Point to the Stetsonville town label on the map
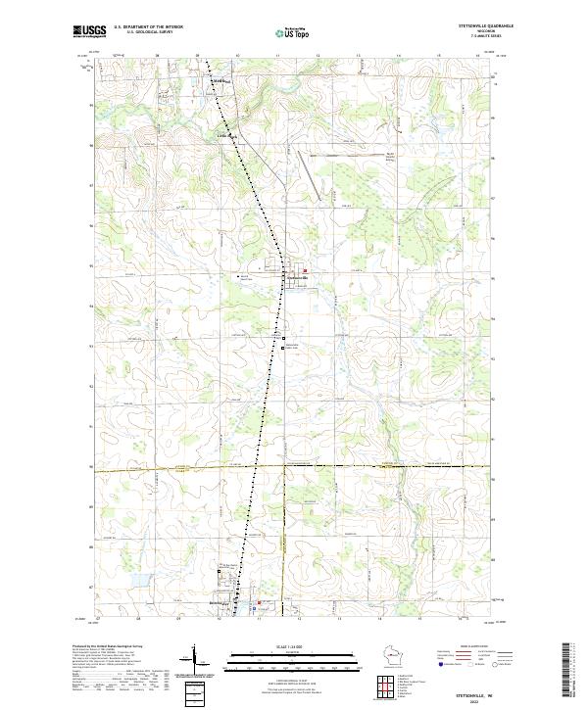pyautogui.click(x=297, y=279)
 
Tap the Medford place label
pyautogui.click(x=217, y=81)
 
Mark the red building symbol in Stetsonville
pyautogui.click(x=305, y=271)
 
